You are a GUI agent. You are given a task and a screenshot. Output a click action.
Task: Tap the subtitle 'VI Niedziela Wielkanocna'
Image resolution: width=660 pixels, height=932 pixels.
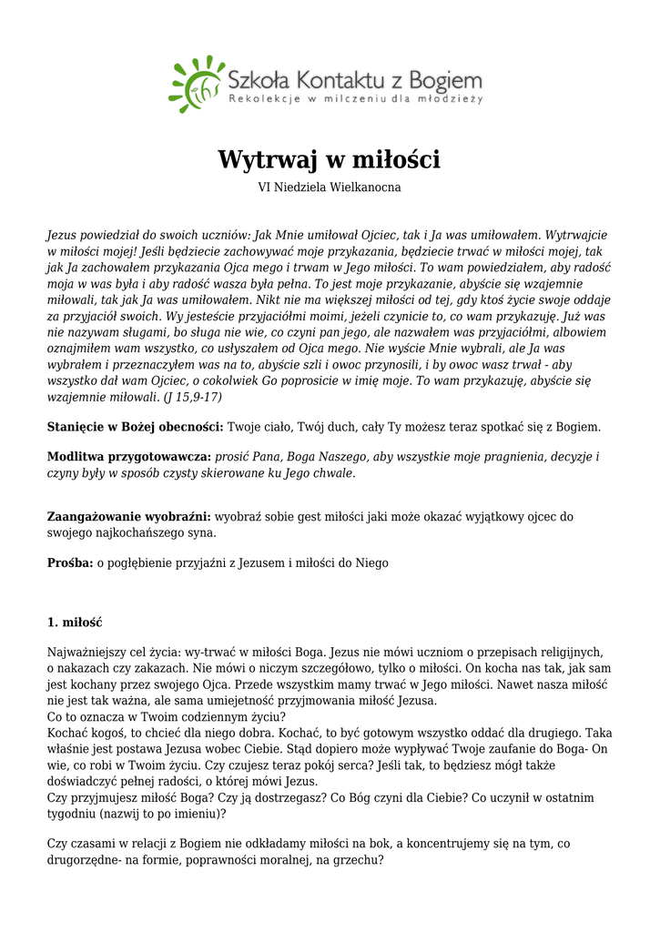pos(330,187)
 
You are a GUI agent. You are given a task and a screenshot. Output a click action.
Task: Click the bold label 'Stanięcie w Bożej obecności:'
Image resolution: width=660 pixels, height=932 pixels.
pos(135,427)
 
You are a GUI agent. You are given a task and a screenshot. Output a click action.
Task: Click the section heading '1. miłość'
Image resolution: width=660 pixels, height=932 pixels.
pos(75,623)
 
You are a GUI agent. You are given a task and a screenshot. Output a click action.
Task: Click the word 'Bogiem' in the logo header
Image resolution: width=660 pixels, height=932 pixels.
pos(447,76)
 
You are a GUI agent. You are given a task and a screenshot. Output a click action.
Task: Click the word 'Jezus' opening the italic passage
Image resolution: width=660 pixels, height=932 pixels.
pos(64,235)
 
